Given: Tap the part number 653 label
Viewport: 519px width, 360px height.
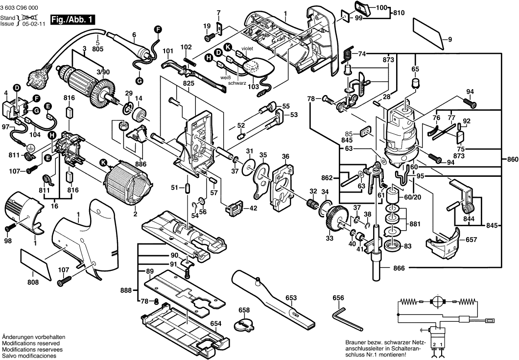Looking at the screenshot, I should click(x=291, y=297).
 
